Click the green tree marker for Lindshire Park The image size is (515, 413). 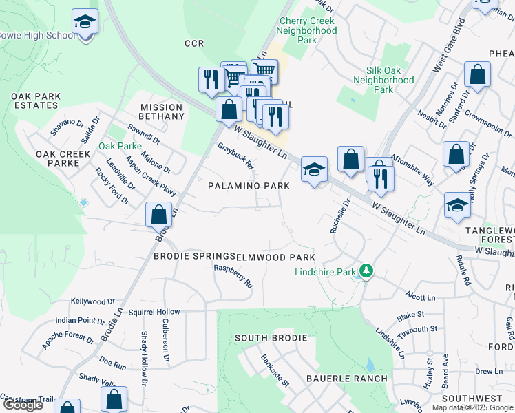click(x=367, y=271)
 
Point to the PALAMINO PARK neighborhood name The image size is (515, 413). click(x=249, y=186)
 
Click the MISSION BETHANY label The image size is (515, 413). click(x=162, y=112)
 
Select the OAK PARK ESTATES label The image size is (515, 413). click(x=35, y=101)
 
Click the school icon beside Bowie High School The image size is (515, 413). click(x=85, y=23)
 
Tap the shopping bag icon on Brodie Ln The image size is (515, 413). click(x=159, y=215)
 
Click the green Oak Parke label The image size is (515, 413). click(x=120, y=146)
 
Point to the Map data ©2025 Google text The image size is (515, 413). click(x=472, y=407)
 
